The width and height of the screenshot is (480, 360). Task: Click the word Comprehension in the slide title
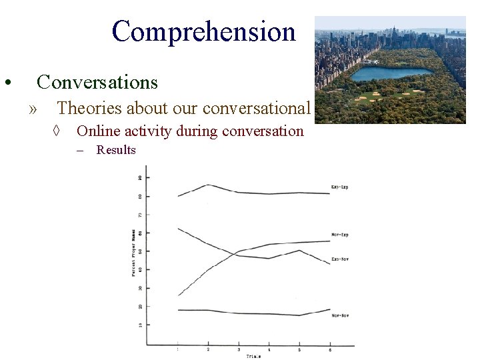(x=203, y=31)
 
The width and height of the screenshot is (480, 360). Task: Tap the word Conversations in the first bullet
(x=97, y=82)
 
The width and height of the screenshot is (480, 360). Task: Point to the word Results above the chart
(x=116, y=150)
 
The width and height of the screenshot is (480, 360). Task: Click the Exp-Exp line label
(x=339, y=187)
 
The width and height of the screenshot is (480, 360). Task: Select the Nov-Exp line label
(x=340, y=235)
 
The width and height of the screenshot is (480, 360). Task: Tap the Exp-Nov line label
(x=340, y=259)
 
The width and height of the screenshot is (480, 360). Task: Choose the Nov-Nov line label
(x=340, y=315)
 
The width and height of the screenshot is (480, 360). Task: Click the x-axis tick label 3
(x=239, y=349)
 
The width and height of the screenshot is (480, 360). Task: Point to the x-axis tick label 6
(x=329, y=349)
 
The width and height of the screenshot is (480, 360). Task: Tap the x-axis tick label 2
(x=208, y=349)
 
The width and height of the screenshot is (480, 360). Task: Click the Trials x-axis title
(x=254, y=357)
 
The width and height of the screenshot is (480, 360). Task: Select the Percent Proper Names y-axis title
(x=133, y=253)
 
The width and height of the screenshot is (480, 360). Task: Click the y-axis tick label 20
(x=139, y=307)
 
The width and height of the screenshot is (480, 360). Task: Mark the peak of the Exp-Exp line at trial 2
(x=208, y=185)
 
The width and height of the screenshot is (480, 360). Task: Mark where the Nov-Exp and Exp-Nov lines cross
(x=236, y=253)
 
